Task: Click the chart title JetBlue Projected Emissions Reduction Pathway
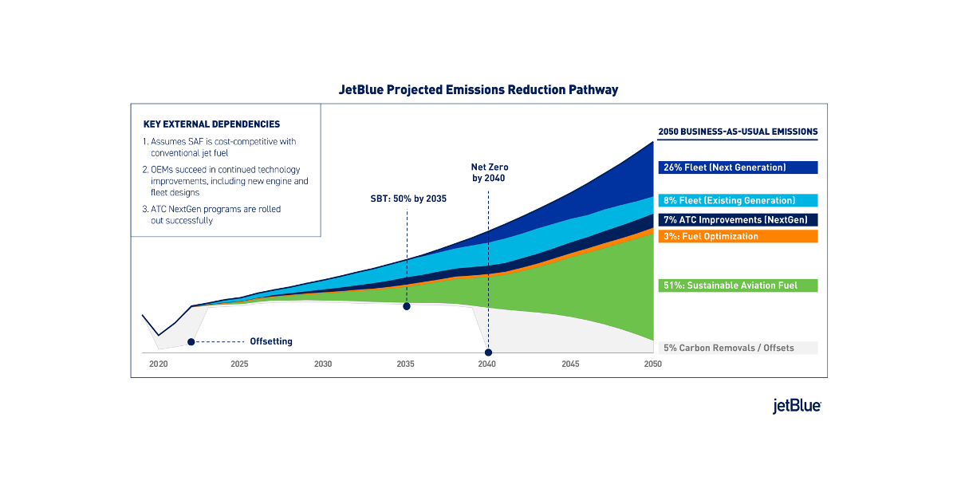coord(478,90)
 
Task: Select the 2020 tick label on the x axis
coord(159,364)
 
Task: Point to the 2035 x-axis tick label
coord(405,364)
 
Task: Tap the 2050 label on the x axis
coord(652,364)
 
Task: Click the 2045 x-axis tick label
coord(570,364)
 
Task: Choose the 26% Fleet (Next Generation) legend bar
coord(738,167)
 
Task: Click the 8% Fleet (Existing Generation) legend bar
coord(738,201)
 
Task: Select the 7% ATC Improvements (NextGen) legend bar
coord(738,219)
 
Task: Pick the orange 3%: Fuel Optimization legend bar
coord(738,237)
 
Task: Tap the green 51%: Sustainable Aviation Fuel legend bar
coord(738,285)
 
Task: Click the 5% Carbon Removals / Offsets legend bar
coord(738,348)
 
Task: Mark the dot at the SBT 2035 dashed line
coord(407,306)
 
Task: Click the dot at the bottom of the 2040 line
coord(488,352)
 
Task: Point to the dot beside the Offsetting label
coord(191,342)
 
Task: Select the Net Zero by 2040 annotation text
coord(489,173)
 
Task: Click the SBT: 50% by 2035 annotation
coord(408,198)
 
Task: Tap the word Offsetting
coord(271,342)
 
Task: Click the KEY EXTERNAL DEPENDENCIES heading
coord(211,124)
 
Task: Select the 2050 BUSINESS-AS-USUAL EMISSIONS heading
coord(738,132)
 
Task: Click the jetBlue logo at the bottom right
coord(797,406)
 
